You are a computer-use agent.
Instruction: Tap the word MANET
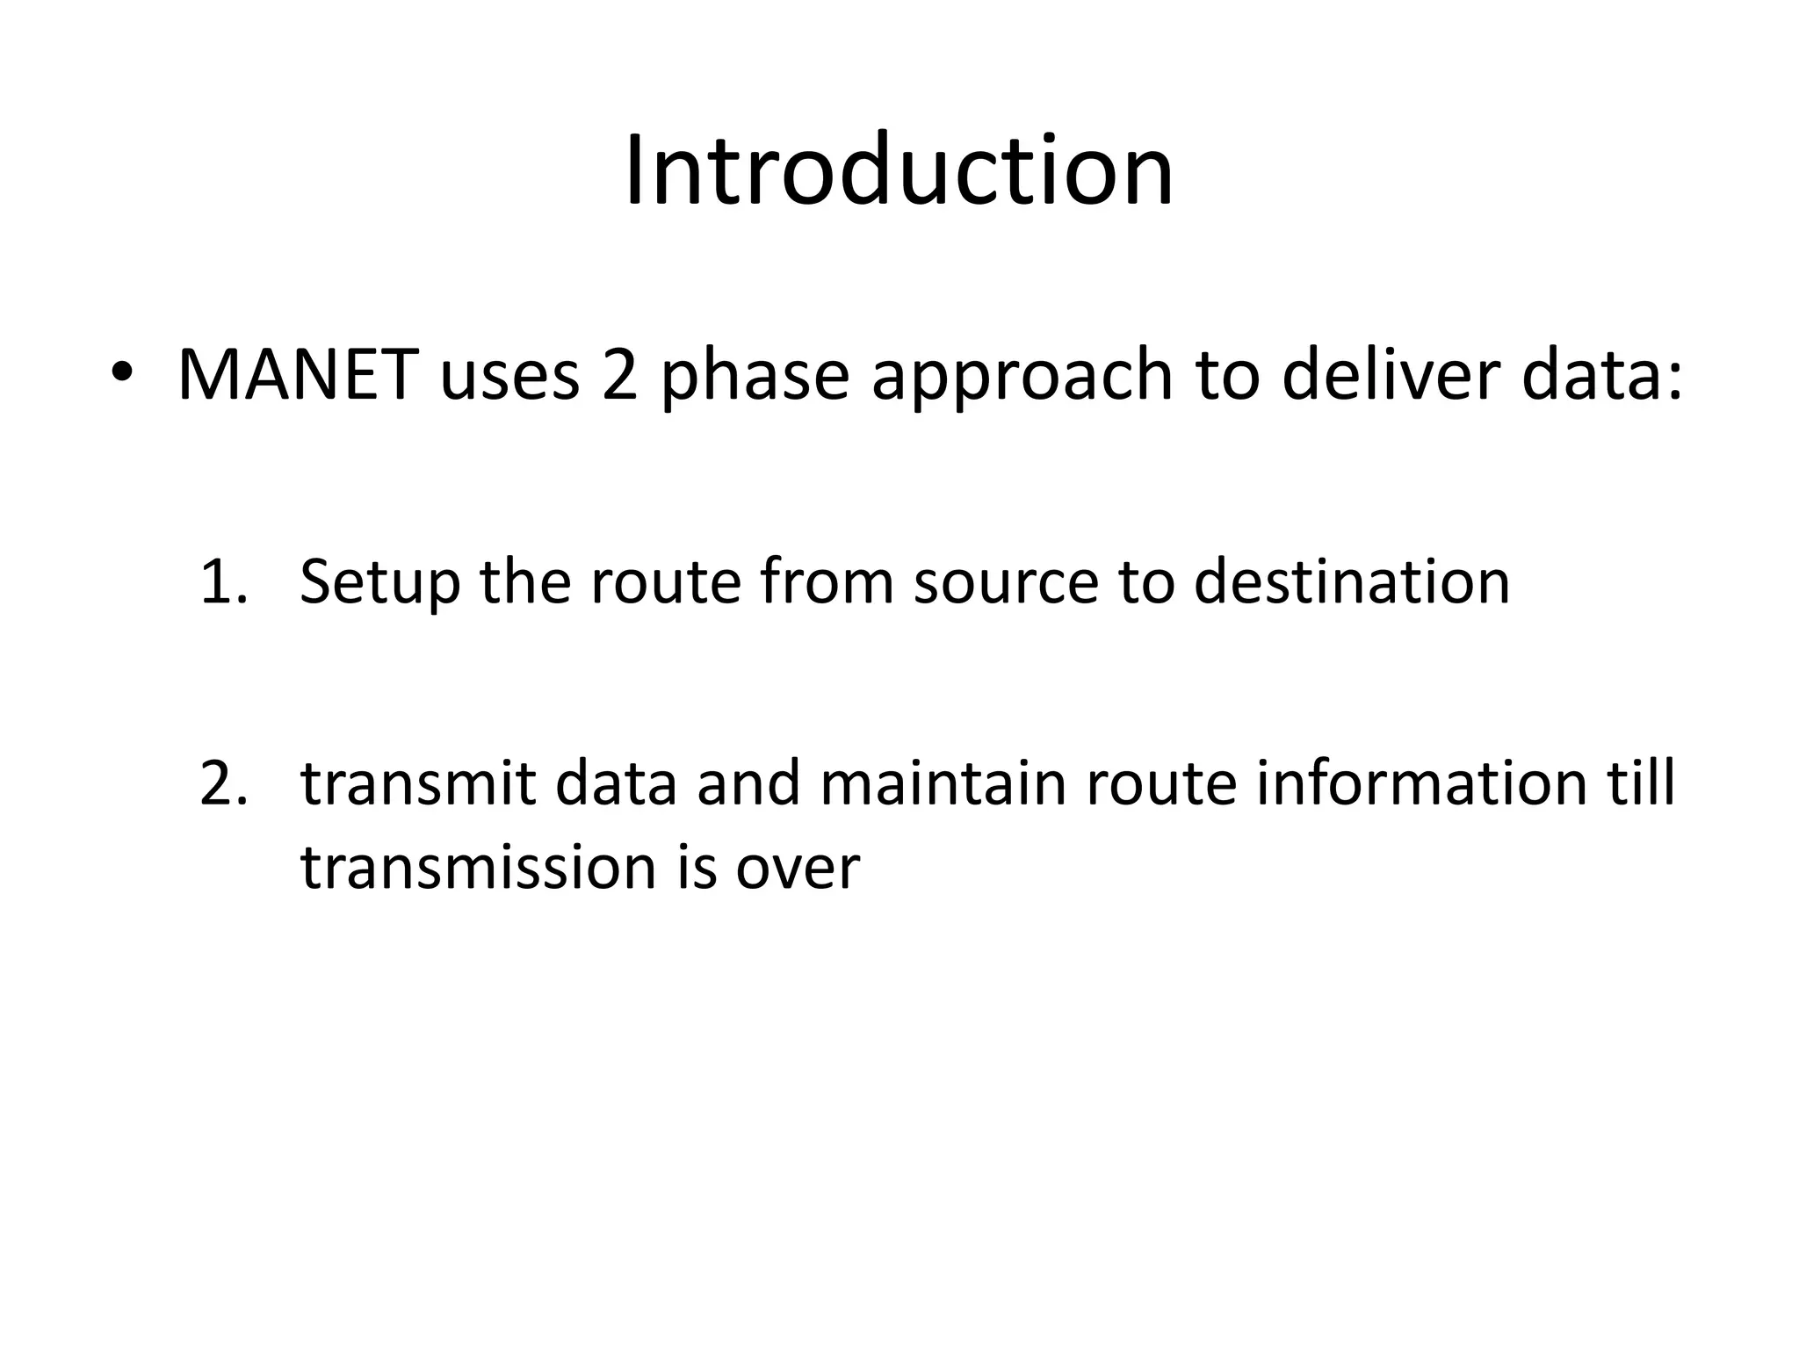coord(296,376)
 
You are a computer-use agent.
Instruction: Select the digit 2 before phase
coord(619,376)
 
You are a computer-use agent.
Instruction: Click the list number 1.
coord(222,582)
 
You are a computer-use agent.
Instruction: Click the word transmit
coord(417,784)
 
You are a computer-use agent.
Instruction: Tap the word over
coord(797,869)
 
